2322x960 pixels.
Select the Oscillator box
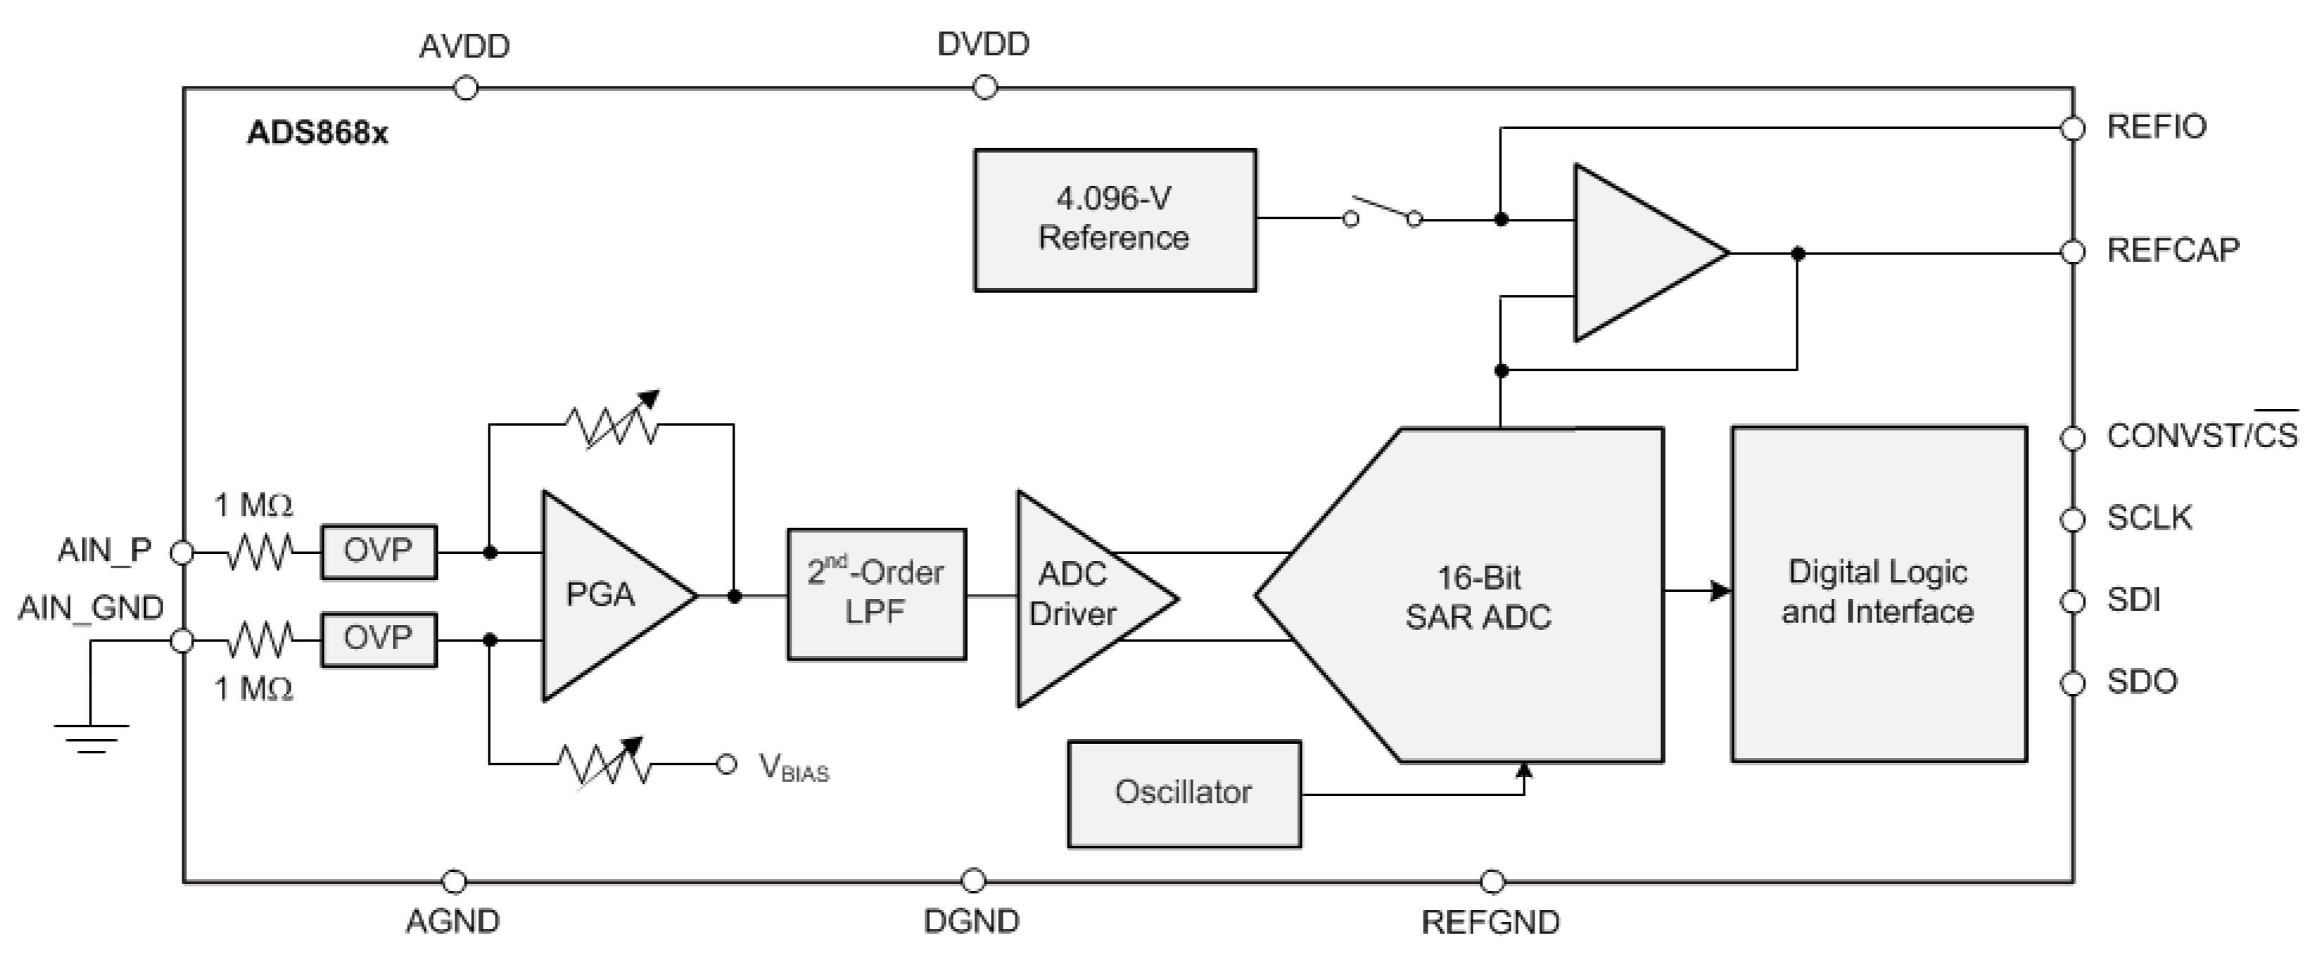(x=1183, y=793)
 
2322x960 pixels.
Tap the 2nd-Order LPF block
(x=875, y=593)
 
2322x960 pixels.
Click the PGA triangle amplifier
(x=604, y=595)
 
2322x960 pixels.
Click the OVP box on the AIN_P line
(x=379, y=551)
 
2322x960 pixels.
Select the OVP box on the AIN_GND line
(x=379, y=639)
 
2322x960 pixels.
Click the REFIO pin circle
(x=2072, y=128)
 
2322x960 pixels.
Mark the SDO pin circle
(x=2072, y=683)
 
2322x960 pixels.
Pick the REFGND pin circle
(x=1492, y=880)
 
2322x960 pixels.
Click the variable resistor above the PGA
(x=613, y=422)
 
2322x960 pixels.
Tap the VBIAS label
(x=793, y=766)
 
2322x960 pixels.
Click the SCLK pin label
(x=2149, y=517)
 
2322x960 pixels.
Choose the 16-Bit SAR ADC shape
(x=1478, y=595)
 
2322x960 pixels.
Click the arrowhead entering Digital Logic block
(x=1720, y=591)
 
